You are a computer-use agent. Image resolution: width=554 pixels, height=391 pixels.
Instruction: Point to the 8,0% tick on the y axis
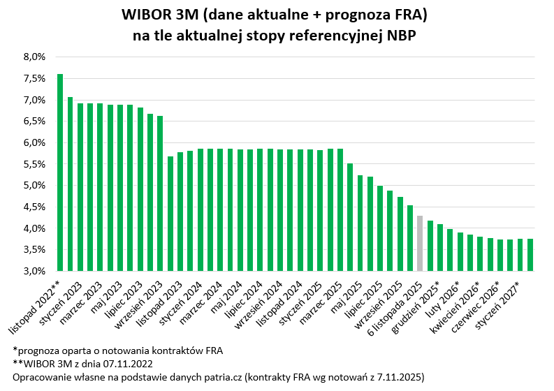point(34,57)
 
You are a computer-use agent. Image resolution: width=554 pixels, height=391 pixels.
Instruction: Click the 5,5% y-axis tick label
point(34,164)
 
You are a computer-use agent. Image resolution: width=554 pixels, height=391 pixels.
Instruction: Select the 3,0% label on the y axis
point(34,271)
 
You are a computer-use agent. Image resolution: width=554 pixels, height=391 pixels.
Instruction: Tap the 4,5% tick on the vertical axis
point(34,207)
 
